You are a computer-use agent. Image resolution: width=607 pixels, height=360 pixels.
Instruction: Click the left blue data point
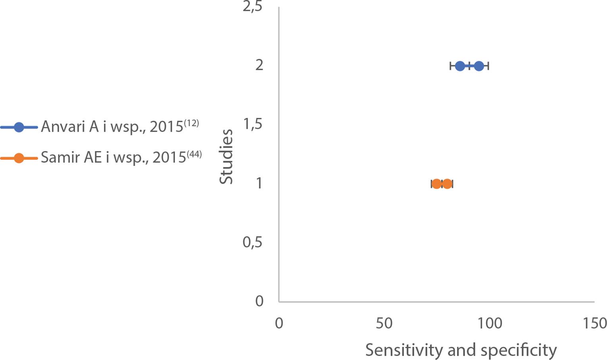tap(460, 66)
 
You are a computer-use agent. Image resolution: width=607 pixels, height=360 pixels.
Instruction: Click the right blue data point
tap(479, 66)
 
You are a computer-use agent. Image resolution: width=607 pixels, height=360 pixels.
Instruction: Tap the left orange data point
tap(436, 184)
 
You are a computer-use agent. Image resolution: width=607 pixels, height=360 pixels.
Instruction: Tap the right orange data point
tap(447, 184)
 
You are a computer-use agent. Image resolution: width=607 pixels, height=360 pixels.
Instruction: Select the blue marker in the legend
tap(19, 127)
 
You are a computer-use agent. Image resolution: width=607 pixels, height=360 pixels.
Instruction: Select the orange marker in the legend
tap(19, 158)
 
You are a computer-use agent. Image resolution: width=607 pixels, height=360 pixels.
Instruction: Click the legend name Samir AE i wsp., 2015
tap(113, 158)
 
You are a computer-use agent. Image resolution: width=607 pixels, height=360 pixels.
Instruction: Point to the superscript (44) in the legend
tap(194, 154)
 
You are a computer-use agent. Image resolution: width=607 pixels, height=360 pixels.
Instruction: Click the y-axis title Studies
tap(226, 157)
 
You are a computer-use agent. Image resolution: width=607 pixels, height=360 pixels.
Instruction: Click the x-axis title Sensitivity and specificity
tap(461, 350)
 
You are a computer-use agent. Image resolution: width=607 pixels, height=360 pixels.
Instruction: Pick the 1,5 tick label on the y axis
tap(253, 125)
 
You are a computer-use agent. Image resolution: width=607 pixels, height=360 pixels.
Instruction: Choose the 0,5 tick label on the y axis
tap(252, 242)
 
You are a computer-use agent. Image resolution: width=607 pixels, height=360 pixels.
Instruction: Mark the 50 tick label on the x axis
tap(384, 323)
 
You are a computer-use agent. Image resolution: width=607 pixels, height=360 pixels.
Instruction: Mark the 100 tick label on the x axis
tap(489, 323)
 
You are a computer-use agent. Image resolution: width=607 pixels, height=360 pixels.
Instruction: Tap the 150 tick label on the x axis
tap(594, 323)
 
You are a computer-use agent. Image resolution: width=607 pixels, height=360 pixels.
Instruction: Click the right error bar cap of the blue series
tap(488, 66)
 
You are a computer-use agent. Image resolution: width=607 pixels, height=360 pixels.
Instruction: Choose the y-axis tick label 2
tap(259, 65)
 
